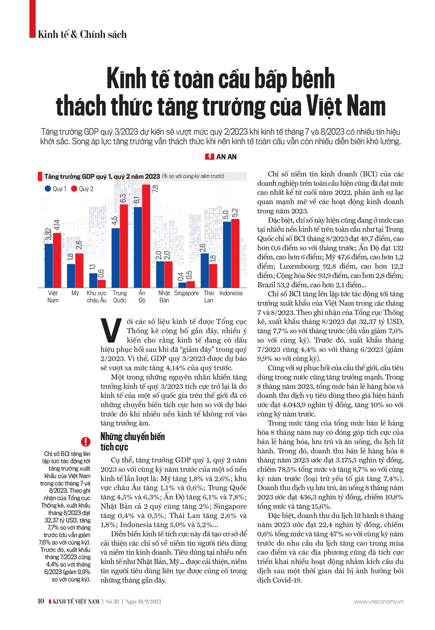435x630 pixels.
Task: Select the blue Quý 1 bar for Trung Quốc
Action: (116, 258)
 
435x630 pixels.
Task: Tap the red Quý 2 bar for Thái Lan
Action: (213, 276)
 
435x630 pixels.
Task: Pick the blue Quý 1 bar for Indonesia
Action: (227, 255)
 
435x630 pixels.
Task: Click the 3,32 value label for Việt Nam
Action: (49, 235)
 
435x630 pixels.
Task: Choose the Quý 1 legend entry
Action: (55, 189)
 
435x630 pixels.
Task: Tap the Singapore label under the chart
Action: (186, 293)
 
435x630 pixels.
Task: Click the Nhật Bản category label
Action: (164, 296)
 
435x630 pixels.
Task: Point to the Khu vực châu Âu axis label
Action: (97, 296)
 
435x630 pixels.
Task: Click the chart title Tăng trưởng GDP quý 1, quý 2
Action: (102, 176)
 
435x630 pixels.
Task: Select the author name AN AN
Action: (226, 157)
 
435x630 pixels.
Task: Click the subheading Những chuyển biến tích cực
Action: (132, 441)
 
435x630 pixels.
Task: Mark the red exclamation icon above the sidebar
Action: (86, 441)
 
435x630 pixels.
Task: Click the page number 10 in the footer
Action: (41, 601)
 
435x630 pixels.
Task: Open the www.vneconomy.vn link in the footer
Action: (378, 602)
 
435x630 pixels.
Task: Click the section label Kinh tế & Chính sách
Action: (82, 34)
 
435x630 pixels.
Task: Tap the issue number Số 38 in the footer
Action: (113, 602)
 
